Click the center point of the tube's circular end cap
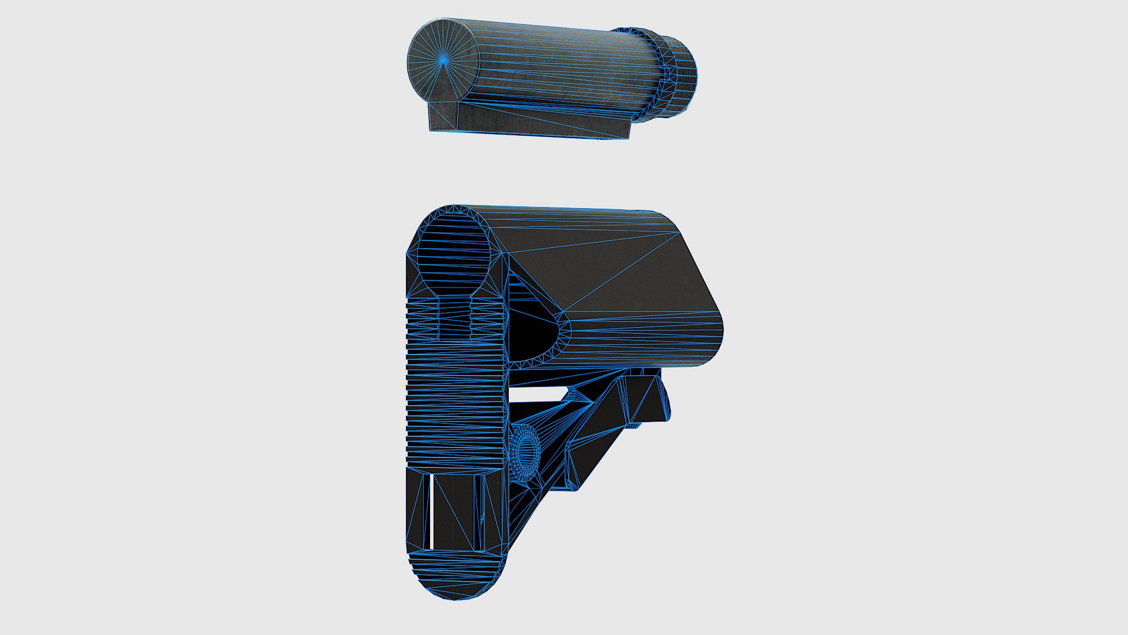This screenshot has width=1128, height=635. tap(443, 59)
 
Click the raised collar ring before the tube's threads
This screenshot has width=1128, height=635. tap(655, 73)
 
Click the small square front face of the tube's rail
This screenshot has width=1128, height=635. tap(442, 116)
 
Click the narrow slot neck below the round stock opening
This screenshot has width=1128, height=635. tap(454, 317)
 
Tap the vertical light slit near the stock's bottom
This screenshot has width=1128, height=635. tap(431, 512)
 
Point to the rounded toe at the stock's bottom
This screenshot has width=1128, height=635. tap(455, 579)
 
